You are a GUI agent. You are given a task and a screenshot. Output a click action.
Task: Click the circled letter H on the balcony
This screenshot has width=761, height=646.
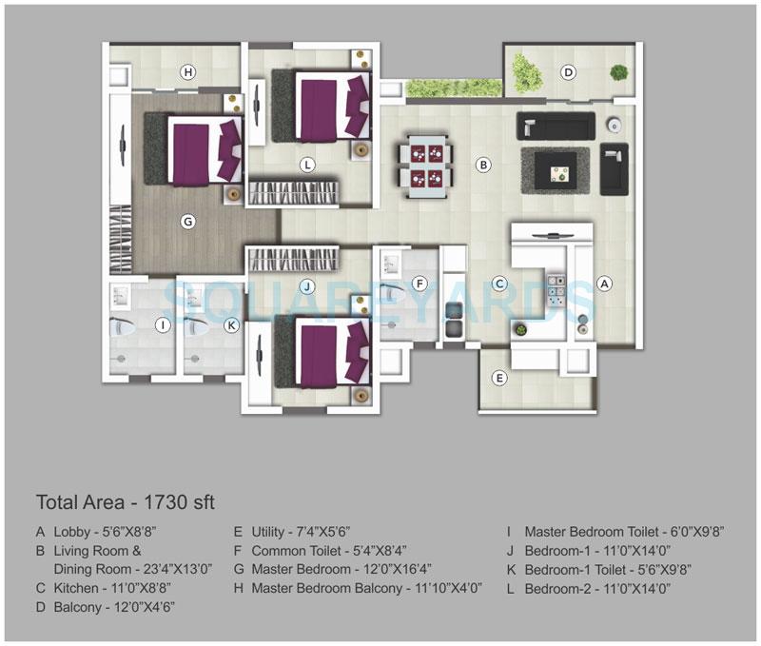[x=188, y=72]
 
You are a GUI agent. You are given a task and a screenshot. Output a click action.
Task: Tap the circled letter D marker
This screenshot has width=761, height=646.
[x=568, y=72]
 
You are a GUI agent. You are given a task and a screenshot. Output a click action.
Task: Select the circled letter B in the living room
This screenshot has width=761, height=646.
[x=483, y=165]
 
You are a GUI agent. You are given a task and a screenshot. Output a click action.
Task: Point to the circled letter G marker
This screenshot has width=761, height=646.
[x=188, y=222]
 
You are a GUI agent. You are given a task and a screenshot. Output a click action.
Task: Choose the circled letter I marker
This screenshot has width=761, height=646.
[x=163, y=325]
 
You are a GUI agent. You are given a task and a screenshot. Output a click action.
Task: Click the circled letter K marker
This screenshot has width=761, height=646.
[x=230, y=325]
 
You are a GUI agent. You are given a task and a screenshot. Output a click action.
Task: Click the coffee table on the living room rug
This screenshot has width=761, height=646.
[x=555, y=168]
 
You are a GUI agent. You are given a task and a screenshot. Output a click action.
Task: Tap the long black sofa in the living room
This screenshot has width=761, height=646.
[x=556, y=126]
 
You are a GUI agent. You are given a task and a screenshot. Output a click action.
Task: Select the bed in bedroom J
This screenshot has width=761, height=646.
[x=321, y=352]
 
